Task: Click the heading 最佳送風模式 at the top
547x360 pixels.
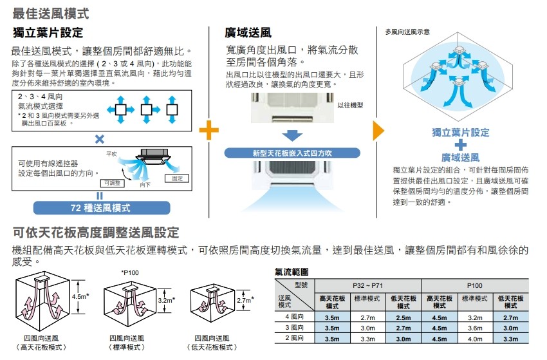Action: [x=50, y=13]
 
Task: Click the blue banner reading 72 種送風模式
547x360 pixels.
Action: [x=100, y=207]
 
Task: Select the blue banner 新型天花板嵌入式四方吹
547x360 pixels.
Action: [x=293, y=153]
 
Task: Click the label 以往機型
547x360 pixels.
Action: [x=350, y=106]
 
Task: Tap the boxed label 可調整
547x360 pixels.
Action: [x=114, y=183]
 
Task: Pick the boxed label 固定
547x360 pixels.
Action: [x=178, y=178]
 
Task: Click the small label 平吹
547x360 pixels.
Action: [x=110, y=155]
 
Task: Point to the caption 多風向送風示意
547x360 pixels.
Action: [x=407, y=32]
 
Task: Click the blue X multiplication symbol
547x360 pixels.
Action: [x=100, y=138]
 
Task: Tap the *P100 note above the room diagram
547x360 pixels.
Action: [x=129, y=272]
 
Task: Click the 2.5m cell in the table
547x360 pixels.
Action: [x=403, y=317]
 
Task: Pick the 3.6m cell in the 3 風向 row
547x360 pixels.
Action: [x=474, y=328]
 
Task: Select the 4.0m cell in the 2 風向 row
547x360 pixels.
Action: [x=474, y=338]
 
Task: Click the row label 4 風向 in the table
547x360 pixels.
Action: [x=294, y=317]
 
